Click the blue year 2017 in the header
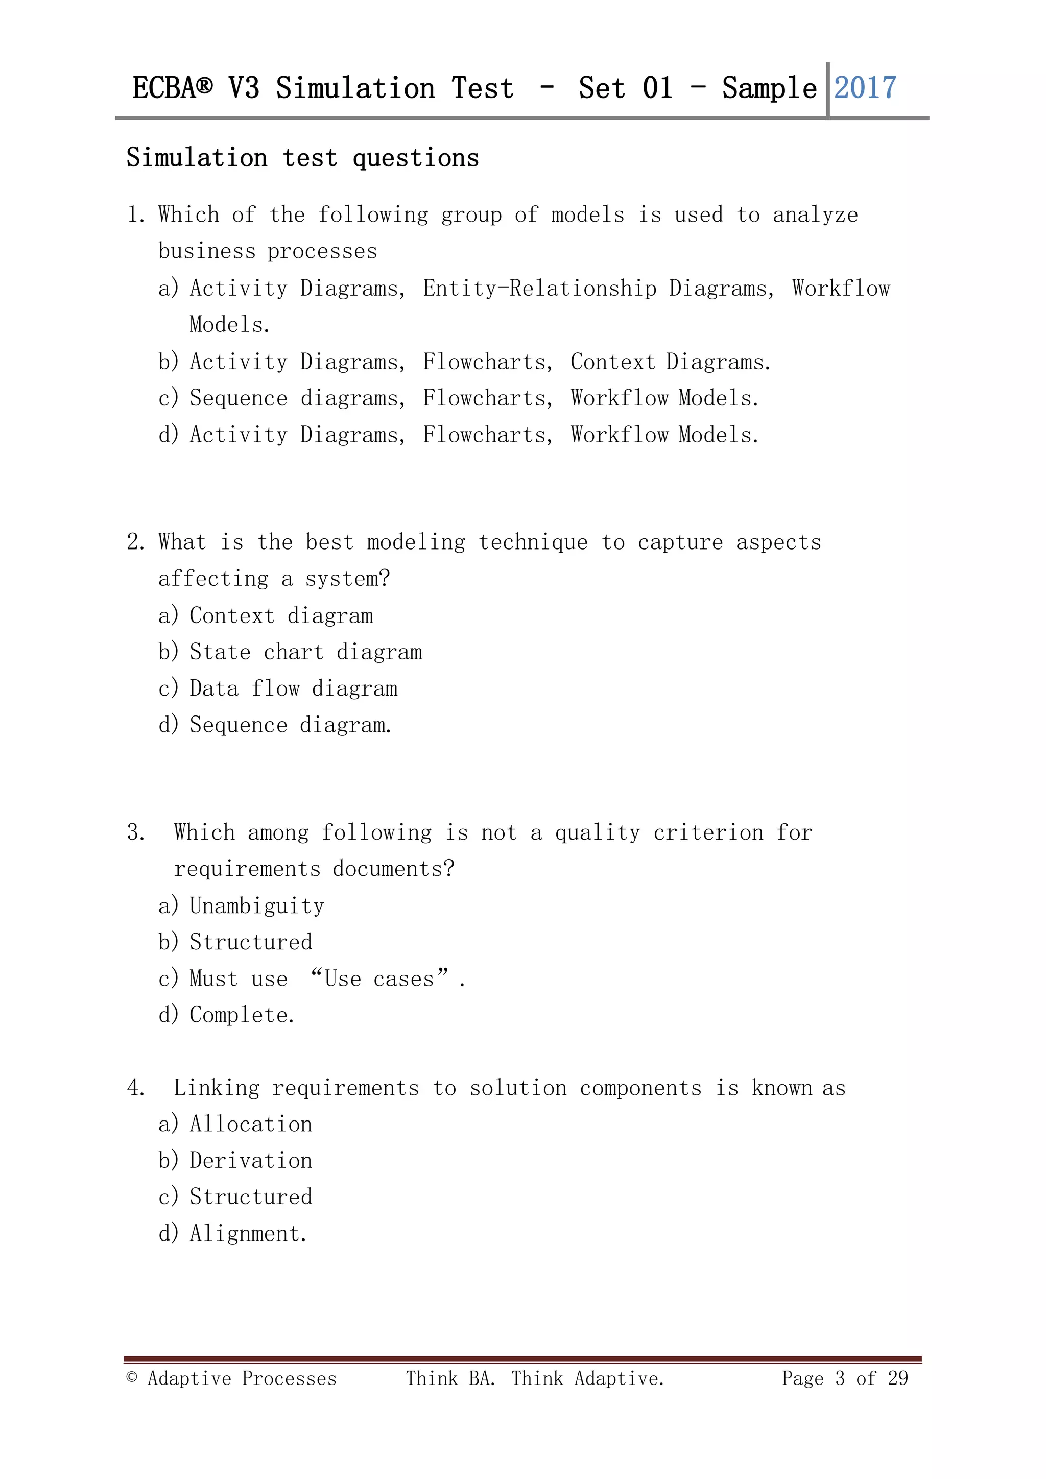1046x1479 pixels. (865, 88)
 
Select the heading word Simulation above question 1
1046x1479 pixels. (197, 158)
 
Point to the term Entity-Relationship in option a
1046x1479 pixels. (540, 288)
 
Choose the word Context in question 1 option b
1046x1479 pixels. (612, 362)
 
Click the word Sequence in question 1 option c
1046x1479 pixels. (239, 399)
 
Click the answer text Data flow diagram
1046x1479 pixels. (294, 688)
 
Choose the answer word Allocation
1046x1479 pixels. (251, 1124)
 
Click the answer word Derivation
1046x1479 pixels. (251, 1161)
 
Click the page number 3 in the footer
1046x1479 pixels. (840, 1378)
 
